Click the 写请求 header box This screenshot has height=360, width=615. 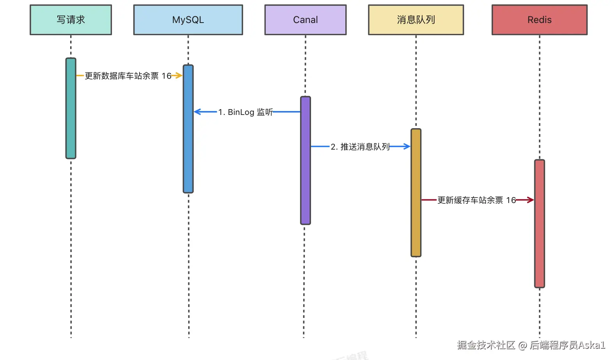[x=71, y=20]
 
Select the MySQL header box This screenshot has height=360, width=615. [x=188, y=20]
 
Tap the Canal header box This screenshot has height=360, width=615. [x=305, y=20]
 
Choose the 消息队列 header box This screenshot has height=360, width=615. [x=416, y=20]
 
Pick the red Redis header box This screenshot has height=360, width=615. [x=539, y=20]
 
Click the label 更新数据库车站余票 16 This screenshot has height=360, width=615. [x=128, y=76]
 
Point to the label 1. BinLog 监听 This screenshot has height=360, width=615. [x=245, y=112]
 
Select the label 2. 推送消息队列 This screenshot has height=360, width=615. [x=360, y=147]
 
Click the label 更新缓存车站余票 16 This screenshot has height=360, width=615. [x=476, y=200]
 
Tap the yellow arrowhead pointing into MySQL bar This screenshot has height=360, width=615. [x=179, y=75]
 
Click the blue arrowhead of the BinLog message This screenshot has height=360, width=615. [x=198, y=112]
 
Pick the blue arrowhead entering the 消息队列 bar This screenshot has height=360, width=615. [x=406, y=146]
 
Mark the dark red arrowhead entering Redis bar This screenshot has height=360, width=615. [x=530, y=200]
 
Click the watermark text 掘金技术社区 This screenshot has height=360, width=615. [x=486, y=345]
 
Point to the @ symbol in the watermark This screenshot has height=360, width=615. [x=523, y=345]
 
